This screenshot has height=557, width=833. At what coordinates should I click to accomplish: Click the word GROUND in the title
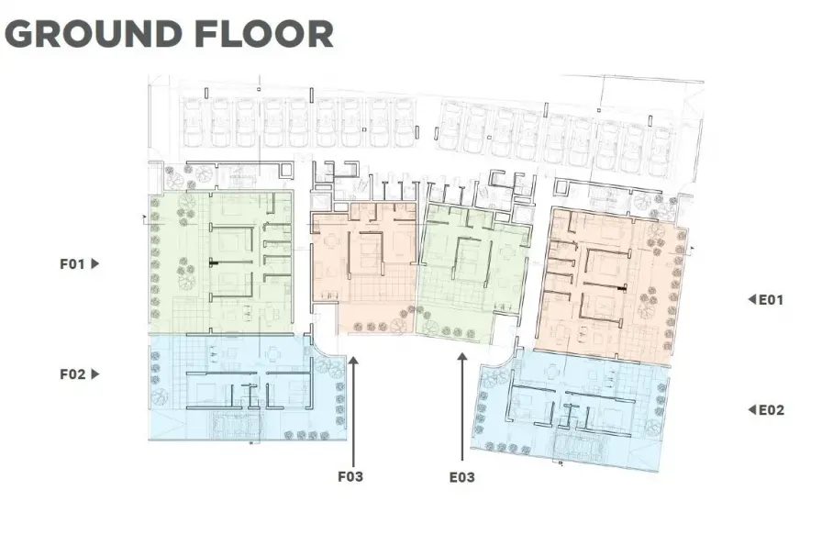(x=94, y=34)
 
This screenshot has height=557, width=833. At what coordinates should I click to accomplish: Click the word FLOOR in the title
(x=264, y=34)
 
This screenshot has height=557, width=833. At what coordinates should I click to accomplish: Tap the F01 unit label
(x=72, y=263)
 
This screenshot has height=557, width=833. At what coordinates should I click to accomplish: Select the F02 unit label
(x=72, y=374)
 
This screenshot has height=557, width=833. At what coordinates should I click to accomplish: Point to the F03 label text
(x=350, y=476)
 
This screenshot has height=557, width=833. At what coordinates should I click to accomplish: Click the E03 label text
(x=462, y=477)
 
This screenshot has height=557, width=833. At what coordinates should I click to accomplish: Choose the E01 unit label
(x=772, y=300)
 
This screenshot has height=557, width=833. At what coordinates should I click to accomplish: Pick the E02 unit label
(x=772, y=410)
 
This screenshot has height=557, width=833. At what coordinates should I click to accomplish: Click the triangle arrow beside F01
(x=95, y=263)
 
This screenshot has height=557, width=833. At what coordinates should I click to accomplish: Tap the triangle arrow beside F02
(x=95, y=373)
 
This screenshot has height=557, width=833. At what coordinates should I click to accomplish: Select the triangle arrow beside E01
(x=751, y=299)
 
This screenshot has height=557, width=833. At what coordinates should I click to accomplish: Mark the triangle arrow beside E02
(x=751, y=409)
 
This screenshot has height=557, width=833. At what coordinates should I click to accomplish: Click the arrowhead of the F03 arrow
(x=353, y=361)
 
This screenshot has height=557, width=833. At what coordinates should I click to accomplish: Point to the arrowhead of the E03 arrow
(x=462, y=357)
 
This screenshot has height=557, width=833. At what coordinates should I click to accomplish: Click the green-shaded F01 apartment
(x=220, y=262)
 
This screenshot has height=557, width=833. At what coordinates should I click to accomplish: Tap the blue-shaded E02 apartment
(x=572, y=409)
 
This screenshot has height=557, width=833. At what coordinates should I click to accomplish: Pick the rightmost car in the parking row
(x=662, y=150)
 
